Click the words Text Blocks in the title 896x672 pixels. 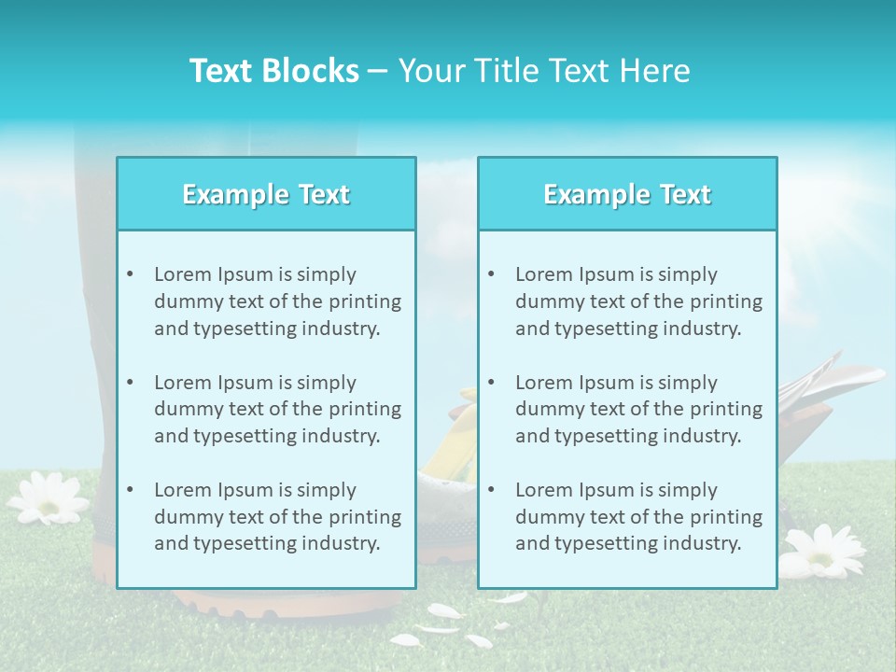(273, 71)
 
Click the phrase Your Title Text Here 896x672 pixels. (544, 71)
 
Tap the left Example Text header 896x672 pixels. (266, 194)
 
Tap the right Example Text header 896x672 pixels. (627, 194)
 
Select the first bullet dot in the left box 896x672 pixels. (130, 274)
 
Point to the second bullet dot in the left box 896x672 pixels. (130, 383)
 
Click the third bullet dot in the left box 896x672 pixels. (130, 490)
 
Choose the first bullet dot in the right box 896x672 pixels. (491, 274)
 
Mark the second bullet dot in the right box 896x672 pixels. (491, 383)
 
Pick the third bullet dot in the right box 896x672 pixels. (491, 490)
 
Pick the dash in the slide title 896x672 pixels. (378, 71)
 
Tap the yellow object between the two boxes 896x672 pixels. (446, 439)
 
